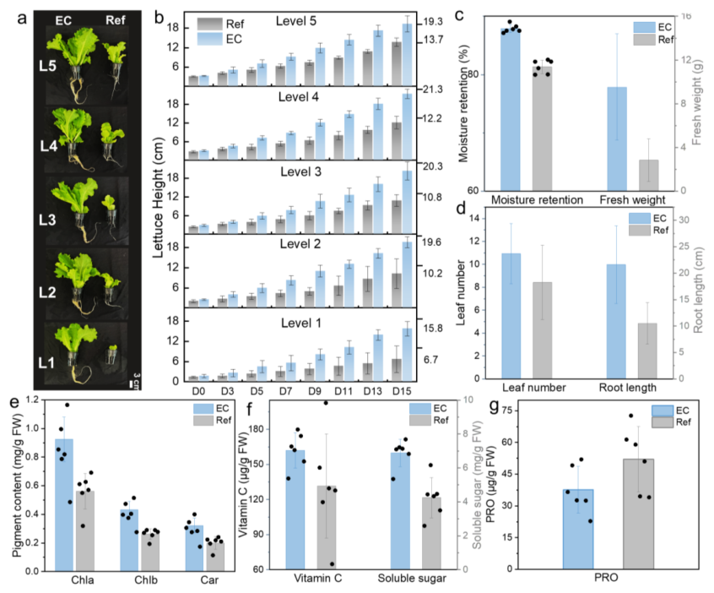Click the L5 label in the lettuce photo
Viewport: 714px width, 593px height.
[47, 66]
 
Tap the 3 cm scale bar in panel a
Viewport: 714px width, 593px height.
[132, 384]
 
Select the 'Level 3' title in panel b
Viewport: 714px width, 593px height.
[300, 171]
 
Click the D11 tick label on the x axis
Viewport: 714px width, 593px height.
[343, 391]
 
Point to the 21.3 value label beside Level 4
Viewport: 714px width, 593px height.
[432, 90]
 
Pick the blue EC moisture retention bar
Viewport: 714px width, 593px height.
[510, 110]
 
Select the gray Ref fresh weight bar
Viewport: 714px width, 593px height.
[648, 175]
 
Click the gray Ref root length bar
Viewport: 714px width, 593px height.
[647, 351]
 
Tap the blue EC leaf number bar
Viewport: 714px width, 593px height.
[511, 316]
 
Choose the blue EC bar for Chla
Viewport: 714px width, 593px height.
[64, 504]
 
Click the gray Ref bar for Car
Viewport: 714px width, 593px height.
[215, 557]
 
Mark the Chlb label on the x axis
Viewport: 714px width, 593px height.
[146, 579]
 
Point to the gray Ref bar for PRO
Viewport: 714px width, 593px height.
[638, 514]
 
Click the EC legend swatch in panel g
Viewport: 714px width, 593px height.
[663, 411]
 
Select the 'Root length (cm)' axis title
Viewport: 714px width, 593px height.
[699, 291]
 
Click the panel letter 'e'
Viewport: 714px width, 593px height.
[14, 403]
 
